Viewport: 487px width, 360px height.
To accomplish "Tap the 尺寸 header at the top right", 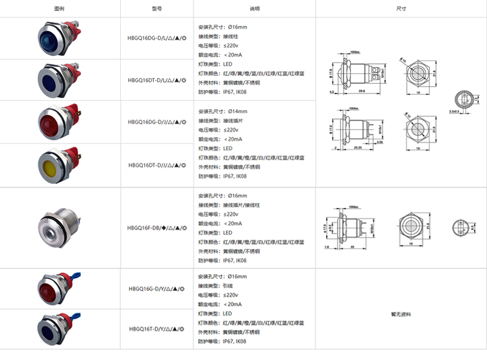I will [401, 9].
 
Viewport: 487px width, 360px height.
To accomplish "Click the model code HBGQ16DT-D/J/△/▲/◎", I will [157, 165].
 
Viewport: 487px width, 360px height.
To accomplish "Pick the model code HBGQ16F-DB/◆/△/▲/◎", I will [157, 228].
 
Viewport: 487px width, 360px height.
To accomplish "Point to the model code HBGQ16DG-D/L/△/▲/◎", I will [157, 38].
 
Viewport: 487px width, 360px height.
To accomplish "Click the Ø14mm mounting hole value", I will [236, 111].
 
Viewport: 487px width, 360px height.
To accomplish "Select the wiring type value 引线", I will [229, 285].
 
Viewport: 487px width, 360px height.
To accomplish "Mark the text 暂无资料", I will [401, 314].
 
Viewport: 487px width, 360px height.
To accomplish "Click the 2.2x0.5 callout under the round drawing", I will [455, 111].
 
